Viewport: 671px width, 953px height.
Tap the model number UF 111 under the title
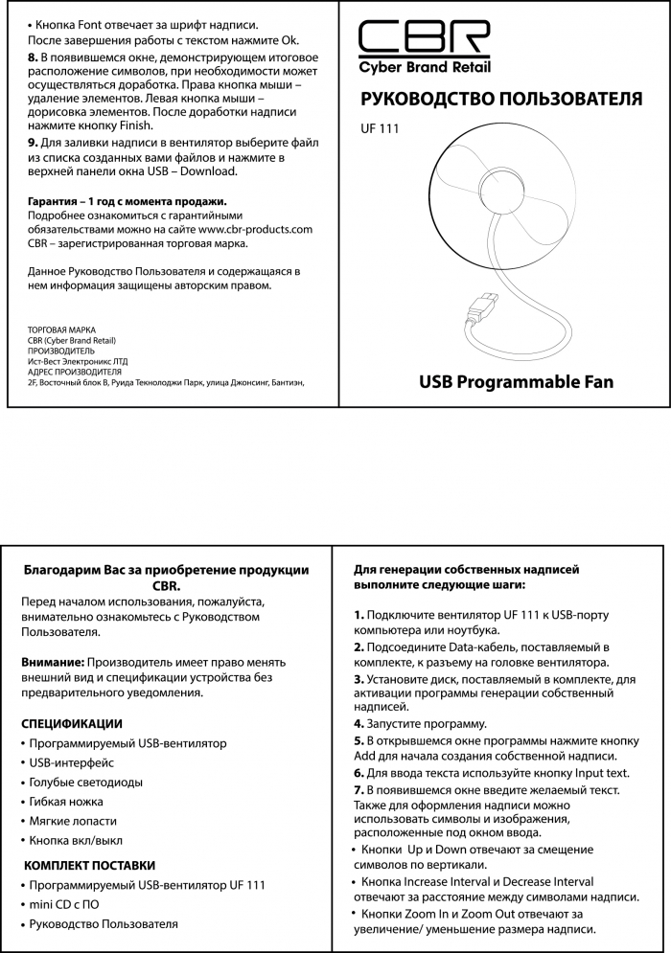[x=380, y=129]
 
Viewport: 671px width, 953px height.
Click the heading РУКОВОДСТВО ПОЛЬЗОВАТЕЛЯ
[x=500, y=100]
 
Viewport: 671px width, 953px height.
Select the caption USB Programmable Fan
[x=516, y=382]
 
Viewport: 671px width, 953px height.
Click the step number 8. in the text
[x=33, y=57]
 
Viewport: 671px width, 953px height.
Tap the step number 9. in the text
[x=33, y=142]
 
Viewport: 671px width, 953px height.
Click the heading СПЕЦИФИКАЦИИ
[x=72, y=723]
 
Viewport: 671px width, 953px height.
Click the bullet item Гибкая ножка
[x=66, y=801]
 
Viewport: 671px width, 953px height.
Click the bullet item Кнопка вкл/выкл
[x=76, y=840]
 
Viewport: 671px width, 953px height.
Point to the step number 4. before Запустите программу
[x=359, y=723]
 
